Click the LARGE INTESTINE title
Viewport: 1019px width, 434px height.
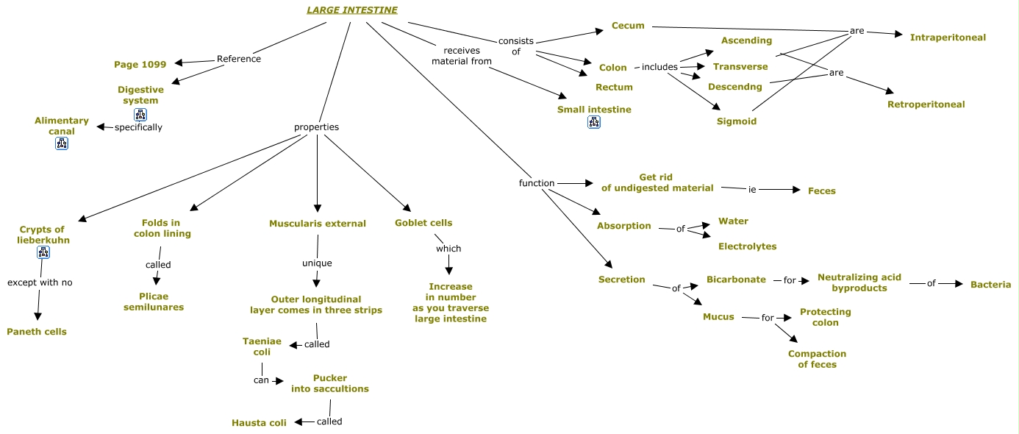click(352, 10)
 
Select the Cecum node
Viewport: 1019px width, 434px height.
click(628, 26)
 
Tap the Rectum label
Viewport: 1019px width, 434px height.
click(614, 87)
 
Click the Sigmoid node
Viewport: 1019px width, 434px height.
click(737, 121)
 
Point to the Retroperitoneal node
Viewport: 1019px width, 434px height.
click(926, 104)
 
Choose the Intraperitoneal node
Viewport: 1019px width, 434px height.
click(948, 38)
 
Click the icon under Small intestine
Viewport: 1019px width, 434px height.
click(594, 123)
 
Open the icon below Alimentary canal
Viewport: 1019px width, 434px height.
click(62, 143)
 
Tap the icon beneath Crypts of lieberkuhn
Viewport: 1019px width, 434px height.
click(43, 253)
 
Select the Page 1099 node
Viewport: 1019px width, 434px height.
click(140, 65)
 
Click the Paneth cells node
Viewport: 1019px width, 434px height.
click(37, 332)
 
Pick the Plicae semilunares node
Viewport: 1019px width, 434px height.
click(154, 302)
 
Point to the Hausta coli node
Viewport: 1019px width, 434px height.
click(259, 423)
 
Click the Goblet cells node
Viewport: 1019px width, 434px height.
click(423, 223)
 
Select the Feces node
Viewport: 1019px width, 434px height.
click(821, 191)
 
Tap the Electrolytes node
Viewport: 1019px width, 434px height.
click(747, 246)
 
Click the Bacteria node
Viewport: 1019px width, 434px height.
click(990, 285)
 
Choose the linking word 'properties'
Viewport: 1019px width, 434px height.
click(316, 127)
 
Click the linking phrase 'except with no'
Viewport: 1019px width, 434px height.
click(40, 282)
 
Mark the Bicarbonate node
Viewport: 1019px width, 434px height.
click(736, 280)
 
